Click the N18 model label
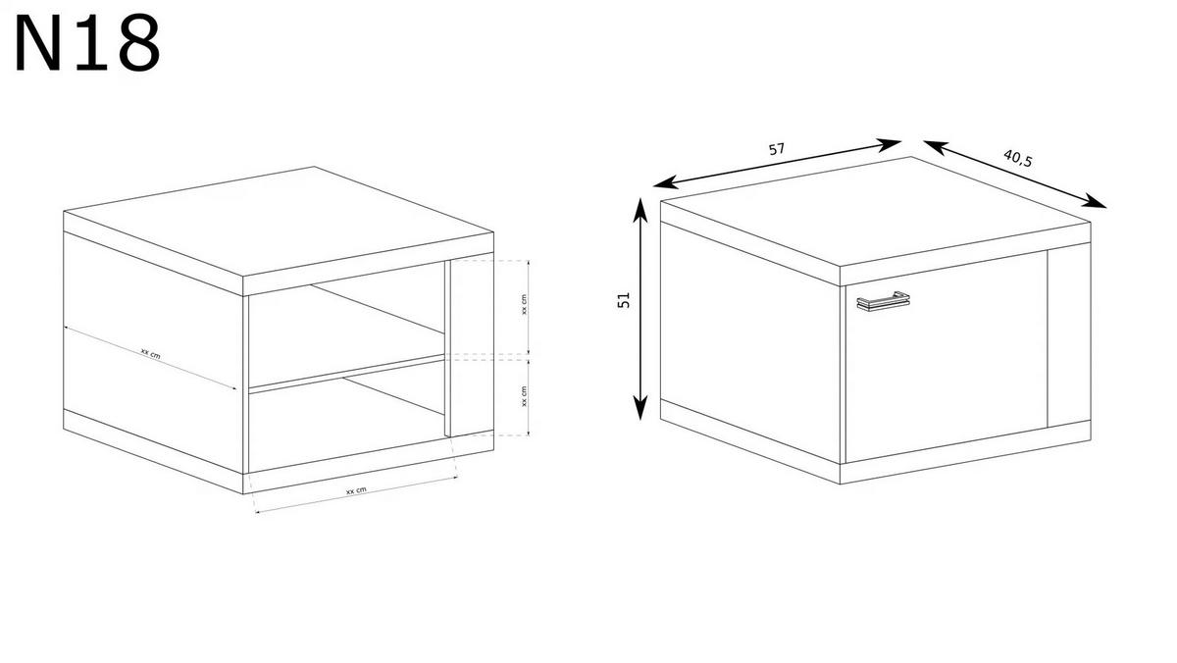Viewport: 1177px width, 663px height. tap(87, 42)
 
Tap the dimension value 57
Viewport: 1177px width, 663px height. tap(777, 149)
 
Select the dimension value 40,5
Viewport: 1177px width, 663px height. tap(1018, 158)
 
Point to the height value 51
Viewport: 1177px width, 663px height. tap(623, 300)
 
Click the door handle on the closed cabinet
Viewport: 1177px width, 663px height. tap(883, 300)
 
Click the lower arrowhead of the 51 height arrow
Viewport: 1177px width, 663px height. tap(640, 408)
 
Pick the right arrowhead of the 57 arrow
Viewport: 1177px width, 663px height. tap(889, 144)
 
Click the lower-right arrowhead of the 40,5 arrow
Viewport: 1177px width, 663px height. tap(1094, 201)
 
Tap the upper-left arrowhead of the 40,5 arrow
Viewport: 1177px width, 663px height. tap(936, 146)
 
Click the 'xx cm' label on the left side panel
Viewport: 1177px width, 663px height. tap(151, 353)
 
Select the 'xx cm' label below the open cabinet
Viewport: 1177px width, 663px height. tap(356, 490)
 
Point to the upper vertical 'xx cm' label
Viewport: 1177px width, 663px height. tap(524, 304)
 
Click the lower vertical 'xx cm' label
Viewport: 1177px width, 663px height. tap(524, 396)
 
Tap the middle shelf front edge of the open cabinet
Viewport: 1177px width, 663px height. tap(347, 374)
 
